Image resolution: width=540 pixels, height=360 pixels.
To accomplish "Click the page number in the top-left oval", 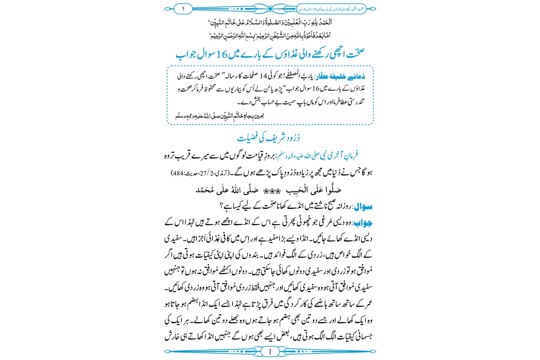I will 183,9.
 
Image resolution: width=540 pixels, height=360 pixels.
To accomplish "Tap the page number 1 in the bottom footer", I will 270,352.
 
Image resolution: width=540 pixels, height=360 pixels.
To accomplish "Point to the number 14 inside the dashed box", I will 263,76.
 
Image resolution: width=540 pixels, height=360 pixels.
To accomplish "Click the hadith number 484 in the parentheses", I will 178,173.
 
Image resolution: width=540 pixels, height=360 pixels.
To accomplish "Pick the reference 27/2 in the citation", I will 203,173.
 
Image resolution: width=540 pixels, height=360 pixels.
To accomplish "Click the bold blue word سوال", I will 363,207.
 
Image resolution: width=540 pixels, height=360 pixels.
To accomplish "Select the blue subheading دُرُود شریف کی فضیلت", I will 269,138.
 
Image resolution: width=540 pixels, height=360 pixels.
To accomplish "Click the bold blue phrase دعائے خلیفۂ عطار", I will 341,76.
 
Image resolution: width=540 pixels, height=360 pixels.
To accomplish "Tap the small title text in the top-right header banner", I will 331,9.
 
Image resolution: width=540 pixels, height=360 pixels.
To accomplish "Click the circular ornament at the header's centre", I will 270,9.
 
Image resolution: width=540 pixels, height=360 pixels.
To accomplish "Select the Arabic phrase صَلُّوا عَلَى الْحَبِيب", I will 313,190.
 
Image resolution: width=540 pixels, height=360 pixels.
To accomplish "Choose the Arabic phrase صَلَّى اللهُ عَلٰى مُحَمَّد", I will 227,190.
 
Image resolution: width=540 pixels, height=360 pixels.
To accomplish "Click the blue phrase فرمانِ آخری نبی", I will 337,156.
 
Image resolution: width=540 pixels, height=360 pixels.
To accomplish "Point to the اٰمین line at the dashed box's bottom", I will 220,116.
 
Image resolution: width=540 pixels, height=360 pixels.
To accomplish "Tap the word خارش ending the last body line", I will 172,336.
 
